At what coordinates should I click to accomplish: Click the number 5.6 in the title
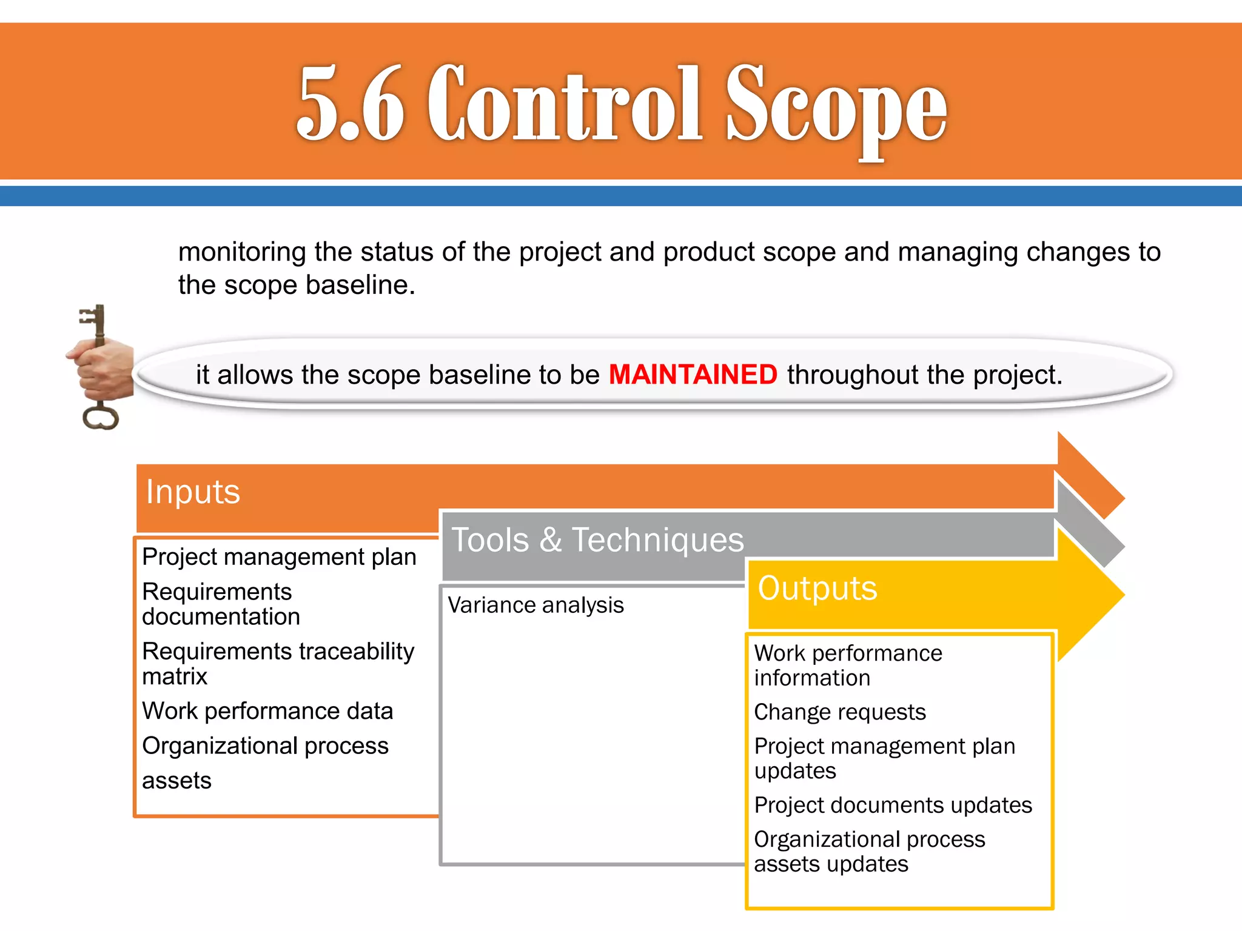click(351, 103)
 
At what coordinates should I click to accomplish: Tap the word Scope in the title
click(836, 106)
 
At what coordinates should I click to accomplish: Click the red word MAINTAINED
click(693, 375)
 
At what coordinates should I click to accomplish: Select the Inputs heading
click(193, 492)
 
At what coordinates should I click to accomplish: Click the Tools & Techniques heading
click(597, 539)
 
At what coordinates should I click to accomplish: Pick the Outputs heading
click(817, 588)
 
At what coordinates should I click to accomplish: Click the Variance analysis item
click(535, 605)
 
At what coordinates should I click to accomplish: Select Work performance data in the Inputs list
click(267, 711)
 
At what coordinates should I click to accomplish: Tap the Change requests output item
click(839, 712)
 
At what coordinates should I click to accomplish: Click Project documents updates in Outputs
click(893, 805)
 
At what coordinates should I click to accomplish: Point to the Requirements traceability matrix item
click(278, 663)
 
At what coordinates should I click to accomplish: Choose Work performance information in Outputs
click(848, 665)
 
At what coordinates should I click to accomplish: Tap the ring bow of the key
click(100, 418)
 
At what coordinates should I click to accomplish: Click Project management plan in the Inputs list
click(279, 556)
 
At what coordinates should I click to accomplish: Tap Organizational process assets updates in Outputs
click(869, 851)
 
